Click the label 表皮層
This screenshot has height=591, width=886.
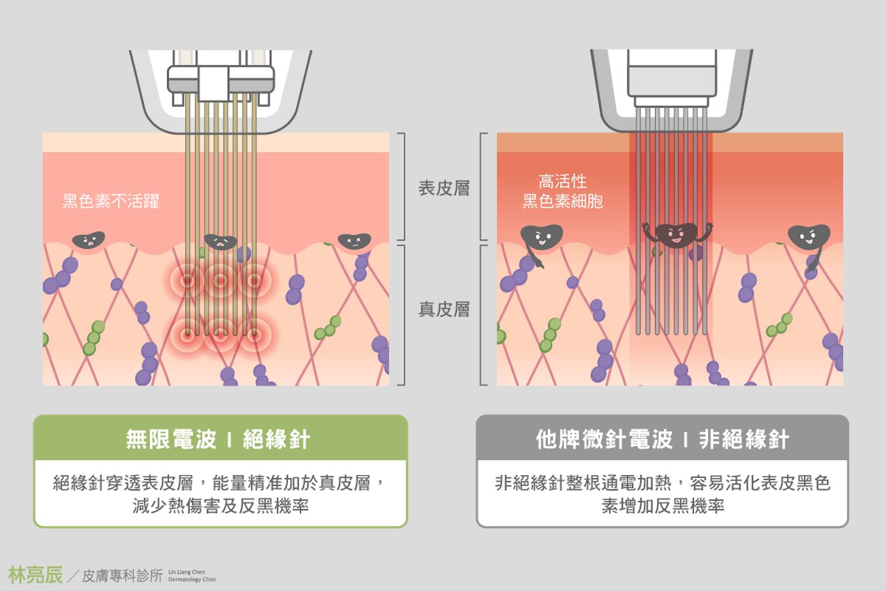tap(444, 189)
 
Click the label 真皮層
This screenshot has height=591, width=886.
tap(444, 309)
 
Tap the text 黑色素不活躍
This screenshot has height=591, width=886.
tap(111, 202)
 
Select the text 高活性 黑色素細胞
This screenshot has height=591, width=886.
tap(562, 192)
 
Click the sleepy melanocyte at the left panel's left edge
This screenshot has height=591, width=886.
tap(89, 240)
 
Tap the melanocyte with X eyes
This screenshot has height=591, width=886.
tap(354, 240)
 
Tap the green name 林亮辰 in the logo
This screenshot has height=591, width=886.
tap(35, 575)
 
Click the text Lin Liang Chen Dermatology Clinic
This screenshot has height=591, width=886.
tap(192, 575)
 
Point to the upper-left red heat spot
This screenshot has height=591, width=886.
tap(186, 279)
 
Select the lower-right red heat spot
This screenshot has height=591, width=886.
tap(254, 334)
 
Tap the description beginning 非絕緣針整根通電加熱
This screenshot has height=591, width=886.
tap(662, 495)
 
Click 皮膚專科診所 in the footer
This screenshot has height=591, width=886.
tap(122, 576)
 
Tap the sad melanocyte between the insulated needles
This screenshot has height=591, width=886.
tap(220, 241)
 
